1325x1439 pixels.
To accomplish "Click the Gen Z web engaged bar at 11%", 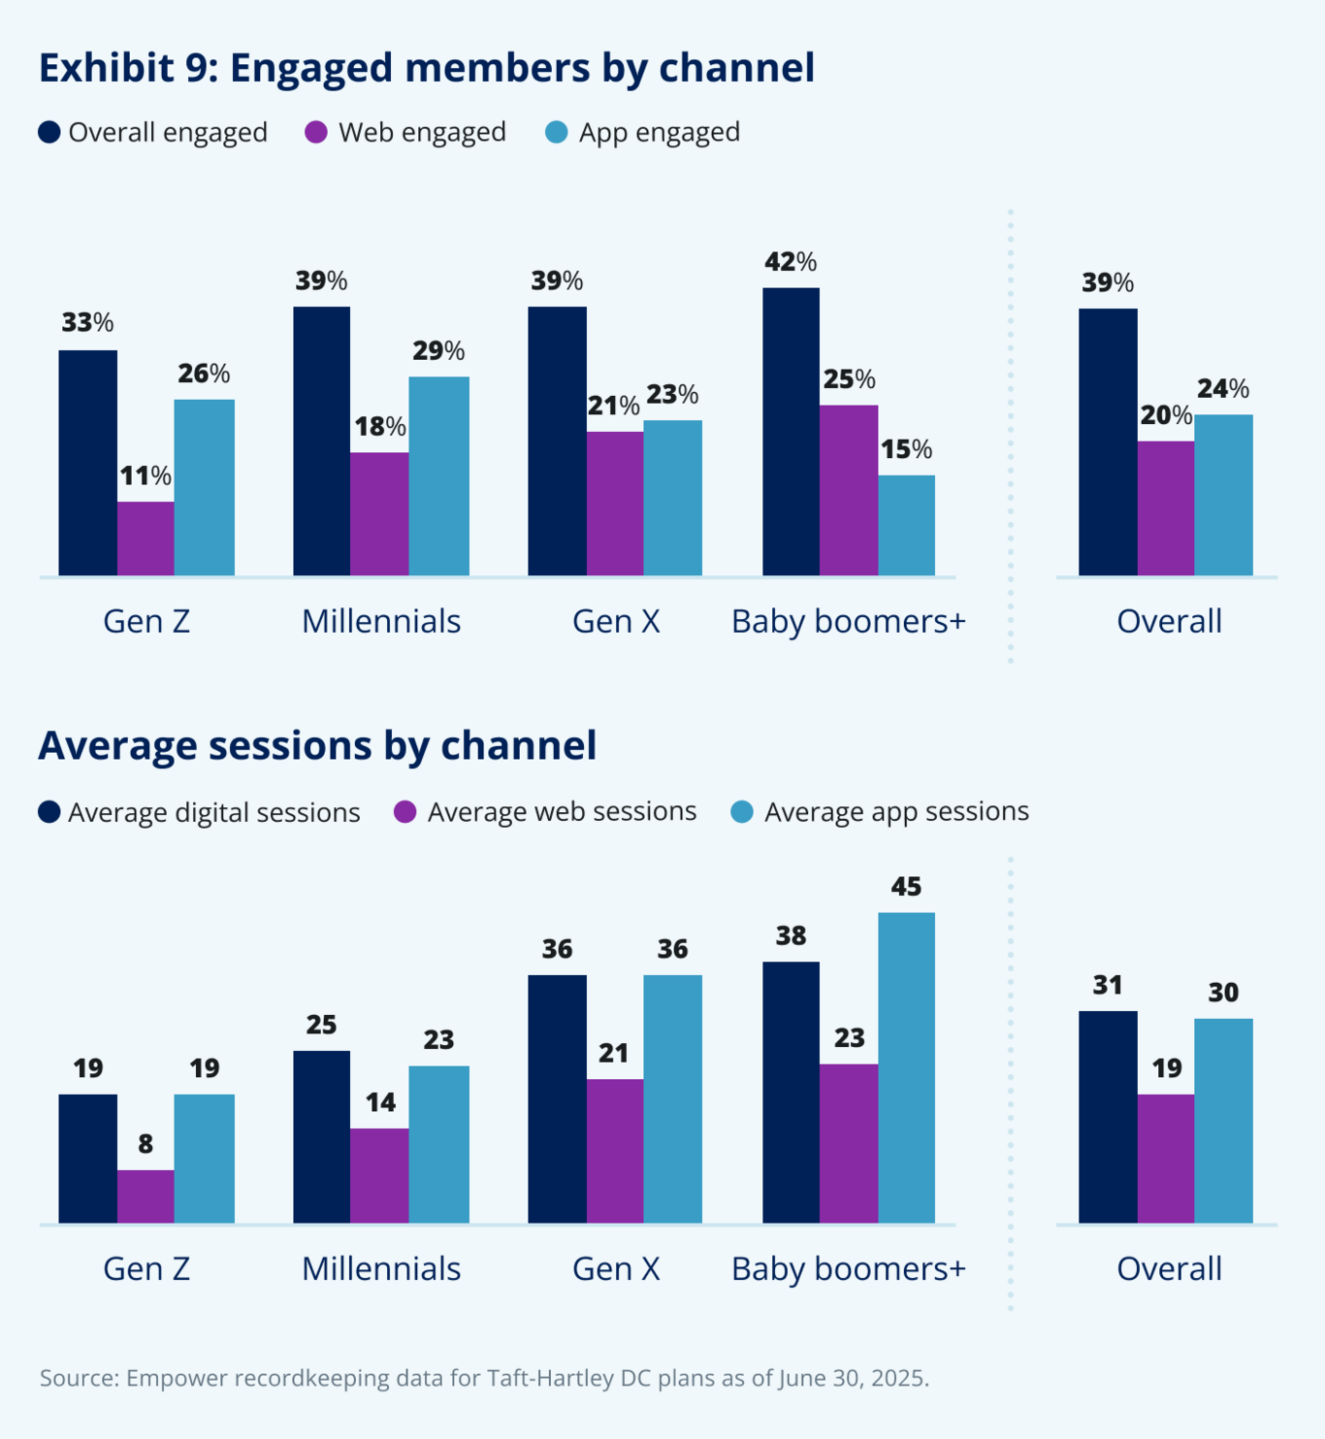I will point(145,539).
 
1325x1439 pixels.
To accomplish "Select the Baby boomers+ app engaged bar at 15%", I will point(906,525).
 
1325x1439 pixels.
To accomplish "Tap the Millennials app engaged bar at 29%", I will point(438,475).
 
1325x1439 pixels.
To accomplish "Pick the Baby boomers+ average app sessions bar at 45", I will point(906,1067).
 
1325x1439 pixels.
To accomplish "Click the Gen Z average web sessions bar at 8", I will point(145,1196).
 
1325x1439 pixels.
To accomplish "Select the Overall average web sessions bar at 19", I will point(1165,1159).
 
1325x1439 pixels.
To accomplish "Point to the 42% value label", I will point(790,262).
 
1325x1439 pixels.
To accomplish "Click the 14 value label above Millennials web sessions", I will point(379,1102).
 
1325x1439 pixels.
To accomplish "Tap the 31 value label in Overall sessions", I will point(1107,986).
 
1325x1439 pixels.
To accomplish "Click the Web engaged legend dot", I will point(316,133).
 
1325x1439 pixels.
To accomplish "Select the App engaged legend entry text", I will point(659,133).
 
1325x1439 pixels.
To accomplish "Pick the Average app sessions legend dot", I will point(742,812).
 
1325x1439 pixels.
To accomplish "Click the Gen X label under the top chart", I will point(616,621).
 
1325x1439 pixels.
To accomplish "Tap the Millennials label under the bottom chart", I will point(380,1269).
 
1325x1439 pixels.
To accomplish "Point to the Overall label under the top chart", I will point(1169,621).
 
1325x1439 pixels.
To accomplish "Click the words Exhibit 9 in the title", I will point(127,68).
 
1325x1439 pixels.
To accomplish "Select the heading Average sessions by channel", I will point(317,745).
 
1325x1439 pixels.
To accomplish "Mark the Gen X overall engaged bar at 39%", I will point(557,442).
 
